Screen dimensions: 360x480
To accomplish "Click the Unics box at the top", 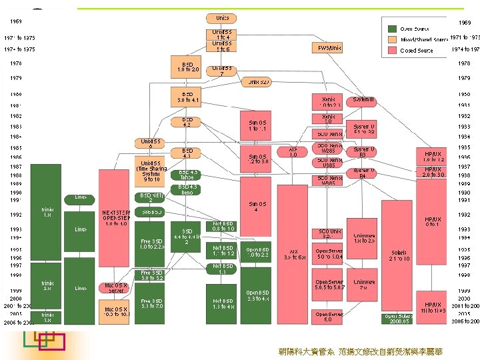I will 222,17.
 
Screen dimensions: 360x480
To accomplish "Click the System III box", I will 364,99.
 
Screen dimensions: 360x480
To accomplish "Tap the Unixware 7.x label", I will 364,285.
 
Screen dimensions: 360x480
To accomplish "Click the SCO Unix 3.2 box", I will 329,233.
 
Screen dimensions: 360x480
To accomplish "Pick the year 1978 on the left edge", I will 16,63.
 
